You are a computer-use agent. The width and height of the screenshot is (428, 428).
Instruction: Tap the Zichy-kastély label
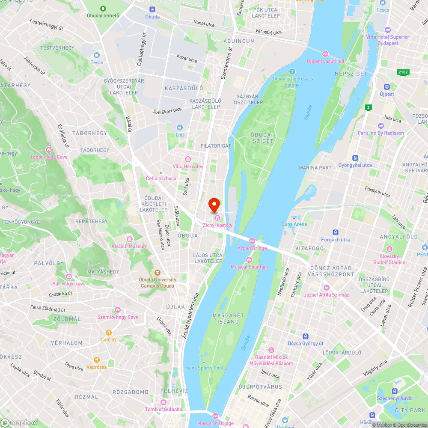click(x=217, y=225)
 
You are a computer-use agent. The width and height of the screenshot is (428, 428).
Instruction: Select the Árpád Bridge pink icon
click(x=252, y=241)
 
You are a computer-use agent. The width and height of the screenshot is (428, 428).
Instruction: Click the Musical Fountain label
click(x=249, y=267)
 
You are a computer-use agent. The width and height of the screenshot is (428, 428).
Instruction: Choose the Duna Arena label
click(x=294, y=224)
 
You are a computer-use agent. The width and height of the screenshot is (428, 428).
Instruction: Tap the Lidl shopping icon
click(x=179, y=127)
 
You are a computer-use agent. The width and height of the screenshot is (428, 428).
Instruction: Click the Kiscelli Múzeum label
click(x=129, y=247)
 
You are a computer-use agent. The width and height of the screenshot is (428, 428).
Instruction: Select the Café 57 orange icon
click(x=109, y=333)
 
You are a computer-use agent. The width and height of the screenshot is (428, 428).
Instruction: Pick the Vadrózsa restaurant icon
click(x=97, y=360)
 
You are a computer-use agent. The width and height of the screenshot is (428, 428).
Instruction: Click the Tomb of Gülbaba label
click(x=163, y=410)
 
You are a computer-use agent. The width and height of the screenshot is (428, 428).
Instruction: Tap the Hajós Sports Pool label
click(x=203, y=368)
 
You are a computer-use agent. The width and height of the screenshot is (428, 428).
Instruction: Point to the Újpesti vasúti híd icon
click(x=325, y=54)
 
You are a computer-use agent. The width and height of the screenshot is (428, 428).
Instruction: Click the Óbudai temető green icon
click(x=103, y=9)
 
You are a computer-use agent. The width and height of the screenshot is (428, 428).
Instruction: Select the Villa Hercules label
click(x=188, y=166)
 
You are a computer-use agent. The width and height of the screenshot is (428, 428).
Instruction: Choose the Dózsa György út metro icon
click(x=306, y=336)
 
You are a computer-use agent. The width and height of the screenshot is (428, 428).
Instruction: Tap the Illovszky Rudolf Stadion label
click(x=389, y=259)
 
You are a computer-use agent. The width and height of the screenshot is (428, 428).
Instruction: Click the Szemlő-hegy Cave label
click(x=118, y=317)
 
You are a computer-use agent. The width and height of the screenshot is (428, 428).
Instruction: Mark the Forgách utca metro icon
click(x=336, y=232)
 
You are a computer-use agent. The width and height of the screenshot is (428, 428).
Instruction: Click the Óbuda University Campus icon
click(x=157, y=273)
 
